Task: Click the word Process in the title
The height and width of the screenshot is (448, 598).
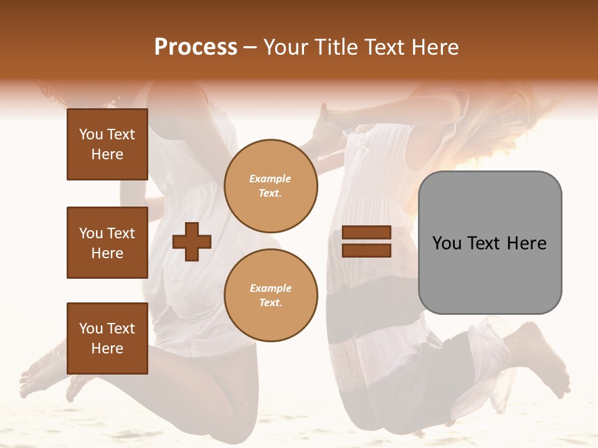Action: [x=196, y=47]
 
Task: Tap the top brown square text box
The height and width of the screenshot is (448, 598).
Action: [x=107, y=144]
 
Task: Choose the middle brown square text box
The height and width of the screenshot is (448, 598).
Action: [x=107, y=243]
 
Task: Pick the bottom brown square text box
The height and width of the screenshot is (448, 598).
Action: [x=107, y=338]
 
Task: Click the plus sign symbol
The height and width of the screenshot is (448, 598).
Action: [x=192, y=241]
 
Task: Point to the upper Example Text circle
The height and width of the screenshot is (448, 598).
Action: [x=270, y=185]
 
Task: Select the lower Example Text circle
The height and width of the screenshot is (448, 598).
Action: [x=270, y=295]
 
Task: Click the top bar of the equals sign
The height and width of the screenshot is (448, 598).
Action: [x=367, y=233]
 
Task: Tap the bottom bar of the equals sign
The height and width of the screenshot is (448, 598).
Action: [x=367, y=250]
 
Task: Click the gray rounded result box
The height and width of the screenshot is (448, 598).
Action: [x=490, y=243]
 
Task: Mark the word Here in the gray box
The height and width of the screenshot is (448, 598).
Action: [x=527, y=243]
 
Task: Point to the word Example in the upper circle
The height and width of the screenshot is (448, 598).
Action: [x=270, y=179]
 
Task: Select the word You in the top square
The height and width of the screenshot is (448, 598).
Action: [x=91, y=134]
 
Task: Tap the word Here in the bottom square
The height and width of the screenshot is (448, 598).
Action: [x=107, y=348]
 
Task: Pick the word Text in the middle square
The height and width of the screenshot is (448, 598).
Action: [x=121, y=233]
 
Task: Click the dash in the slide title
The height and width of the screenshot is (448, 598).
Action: [x=250, y=47]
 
